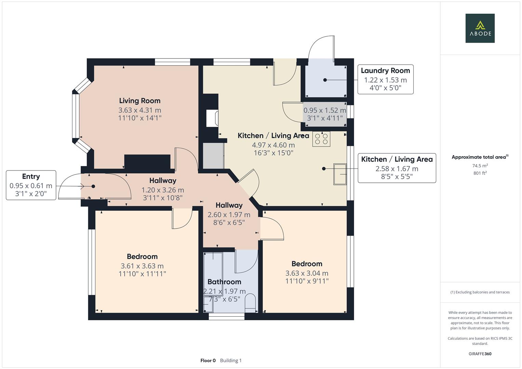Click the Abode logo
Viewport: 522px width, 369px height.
tap(480, 28)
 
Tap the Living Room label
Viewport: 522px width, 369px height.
tap(139, 101)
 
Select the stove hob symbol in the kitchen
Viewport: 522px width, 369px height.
tap(321, 139)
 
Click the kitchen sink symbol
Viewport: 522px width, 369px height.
tap(340, 174)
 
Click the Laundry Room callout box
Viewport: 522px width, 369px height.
tap(385, 79)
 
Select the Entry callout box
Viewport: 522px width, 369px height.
tap(31, 185)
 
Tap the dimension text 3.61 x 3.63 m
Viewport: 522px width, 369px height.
tap(142, 266)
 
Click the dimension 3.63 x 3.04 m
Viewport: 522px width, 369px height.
tap(307, 273)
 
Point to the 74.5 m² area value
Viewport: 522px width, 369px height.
tap(480, 166)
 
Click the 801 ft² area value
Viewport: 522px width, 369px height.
tap(480, 173)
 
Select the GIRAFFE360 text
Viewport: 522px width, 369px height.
tap(480, 354)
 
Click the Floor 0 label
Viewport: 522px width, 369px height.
tap(208, 360)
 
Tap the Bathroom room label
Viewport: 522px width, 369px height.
tap(224, 282)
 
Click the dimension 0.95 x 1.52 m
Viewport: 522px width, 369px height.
tap(324, 110)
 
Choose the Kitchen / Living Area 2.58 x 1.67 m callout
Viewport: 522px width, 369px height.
tap(397, 168)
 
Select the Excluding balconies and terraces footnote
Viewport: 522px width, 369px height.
tap(480, 292)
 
